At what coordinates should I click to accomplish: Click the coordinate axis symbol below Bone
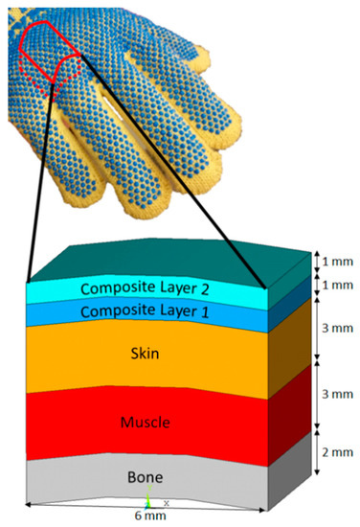tap(148, 500)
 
